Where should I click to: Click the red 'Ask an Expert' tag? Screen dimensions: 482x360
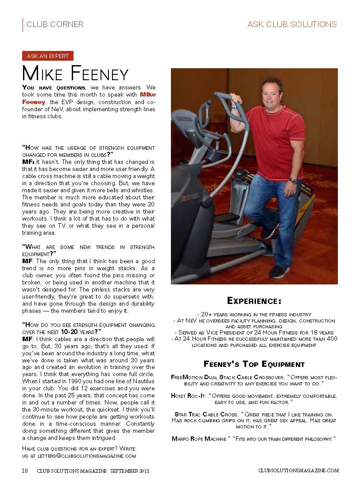click(x=48, y=56)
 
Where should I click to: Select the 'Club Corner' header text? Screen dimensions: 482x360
click(x=54, y=24)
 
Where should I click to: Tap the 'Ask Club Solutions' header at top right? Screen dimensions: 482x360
click(x=292, y=24)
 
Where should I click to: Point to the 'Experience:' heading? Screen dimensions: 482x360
click(x=254, y=301)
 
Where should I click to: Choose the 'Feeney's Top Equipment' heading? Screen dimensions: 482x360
click(x=254, y=364)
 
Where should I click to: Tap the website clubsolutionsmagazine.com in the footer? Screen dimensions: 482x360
click(x=298, y=470)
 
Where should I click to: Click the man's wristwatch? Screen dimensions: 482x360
click(x=293, y=181)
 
